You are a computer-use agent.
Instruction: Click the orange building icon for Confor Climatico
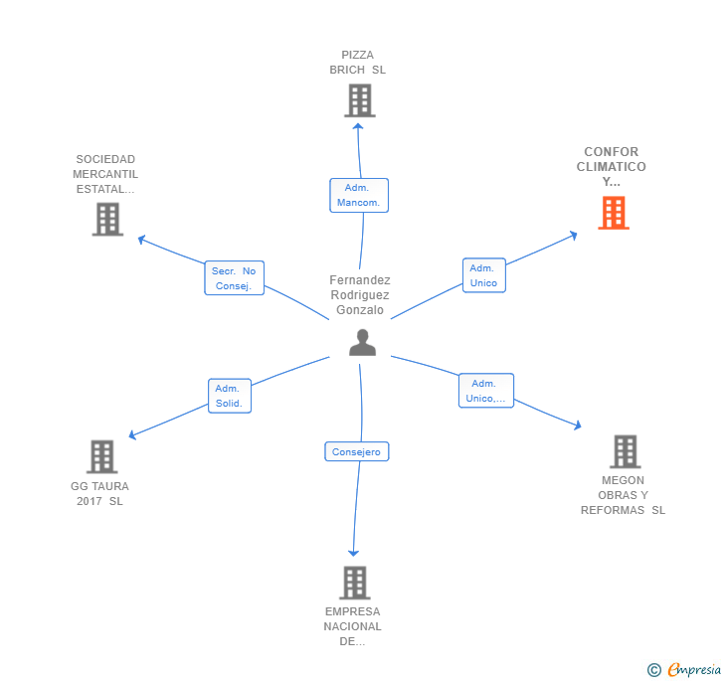614,213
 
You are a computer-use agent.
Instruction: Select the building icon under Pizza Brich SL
359,100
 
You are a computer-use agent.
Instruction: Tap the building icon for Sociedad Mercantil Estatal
107,219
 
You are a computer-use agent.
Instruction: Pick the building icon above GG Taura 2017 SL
101,456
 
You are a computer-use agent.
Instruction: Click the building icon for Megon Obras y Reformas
625,451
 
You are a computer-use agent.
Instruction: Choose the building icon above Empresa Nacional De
354,583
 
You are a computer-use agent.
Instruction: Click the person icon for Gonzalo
363,342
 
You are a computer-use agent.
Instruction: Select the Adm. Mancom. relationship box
359,195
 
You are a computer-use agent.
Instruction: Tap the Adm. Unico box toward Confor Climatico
483,275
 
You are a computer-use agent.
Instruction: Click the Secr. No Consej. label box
234,278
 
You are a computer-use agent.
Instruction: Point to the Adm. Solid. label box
230,396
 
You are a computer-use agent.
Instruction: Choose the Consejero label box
356,451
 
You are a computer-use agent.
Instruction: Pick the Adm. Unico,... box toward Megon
485,391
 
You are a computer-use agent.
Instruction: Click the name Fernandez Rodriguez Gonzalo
360,295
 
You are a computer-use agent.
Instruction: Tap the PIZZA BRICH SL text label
358,63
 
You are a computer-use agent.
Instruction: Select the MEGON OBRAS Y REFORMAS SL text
624,495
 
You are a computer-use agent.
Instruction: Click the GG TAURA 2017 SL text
99,493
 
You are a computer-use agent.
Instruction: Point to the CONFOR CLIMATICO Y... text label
611,167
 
